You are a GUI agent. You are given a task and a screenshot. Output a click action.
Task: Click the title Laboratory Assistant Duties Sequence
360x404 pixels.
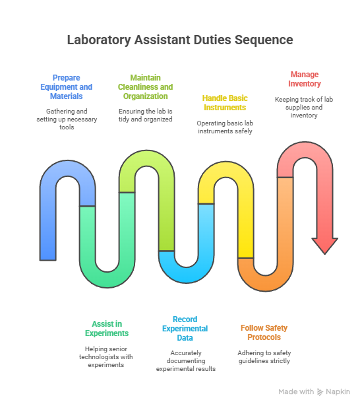[x=180, y=40]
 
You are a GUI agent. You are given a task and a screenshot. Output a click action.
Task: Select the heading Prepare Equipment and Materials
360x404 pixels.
[x=67, y=87]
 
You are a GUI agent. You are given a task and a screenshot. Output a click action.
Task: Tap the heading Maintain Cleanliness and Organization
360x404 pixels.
[x=146, y=87]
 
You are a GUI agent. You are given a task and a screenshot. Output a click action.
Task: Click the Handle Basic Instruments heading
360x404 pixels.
[x=225, y=102]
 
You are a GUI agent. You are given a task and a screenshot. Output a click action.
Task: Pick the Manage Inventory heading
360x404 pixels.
[x=305, y=79]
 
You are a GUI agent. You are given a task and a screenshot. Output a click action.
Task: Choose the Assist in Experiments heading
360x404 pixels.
[x=107, y=328]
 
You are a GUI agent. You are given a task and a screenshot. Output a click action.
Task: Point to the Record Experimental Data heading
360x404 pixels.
[x=185, y=328]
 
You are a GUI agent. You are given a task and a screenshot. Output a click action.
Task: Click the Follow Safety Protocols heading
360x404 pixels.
[x=264, y=332]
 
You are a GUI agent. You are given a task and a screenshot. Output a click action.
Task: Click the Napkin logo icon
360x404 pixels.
[x=320, y=392]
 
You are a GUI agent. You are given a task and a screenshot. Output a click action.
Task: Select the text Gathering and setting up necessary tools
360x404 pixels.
[x=67, y=119]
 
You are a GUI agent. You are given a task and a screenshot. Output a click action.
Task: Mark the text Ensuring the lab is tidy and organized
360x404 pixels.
[x=146, y=115]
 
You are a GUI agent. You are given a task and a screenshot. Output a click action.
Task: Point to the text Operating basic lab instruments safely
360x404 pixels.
[x=225, y=127]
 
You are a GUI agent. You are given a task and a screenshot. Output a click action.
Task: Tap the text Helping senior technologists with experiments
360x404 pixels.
[x=106, y=357]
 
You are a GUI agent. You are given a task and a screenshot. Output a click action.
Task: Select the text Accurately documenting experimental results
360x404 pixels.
[x=186, y=360]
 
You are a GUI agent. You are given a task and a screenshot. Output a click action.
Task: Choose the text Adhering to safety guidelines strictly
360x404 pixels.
[x=264, y=356]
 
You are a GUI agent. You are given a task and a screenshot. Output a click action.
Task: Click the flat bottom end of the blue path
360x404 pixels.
[x=48, y=260]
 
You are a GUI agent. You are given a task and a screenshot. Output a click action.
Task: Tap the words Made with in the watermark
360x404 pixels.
[x=296, y=392]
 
